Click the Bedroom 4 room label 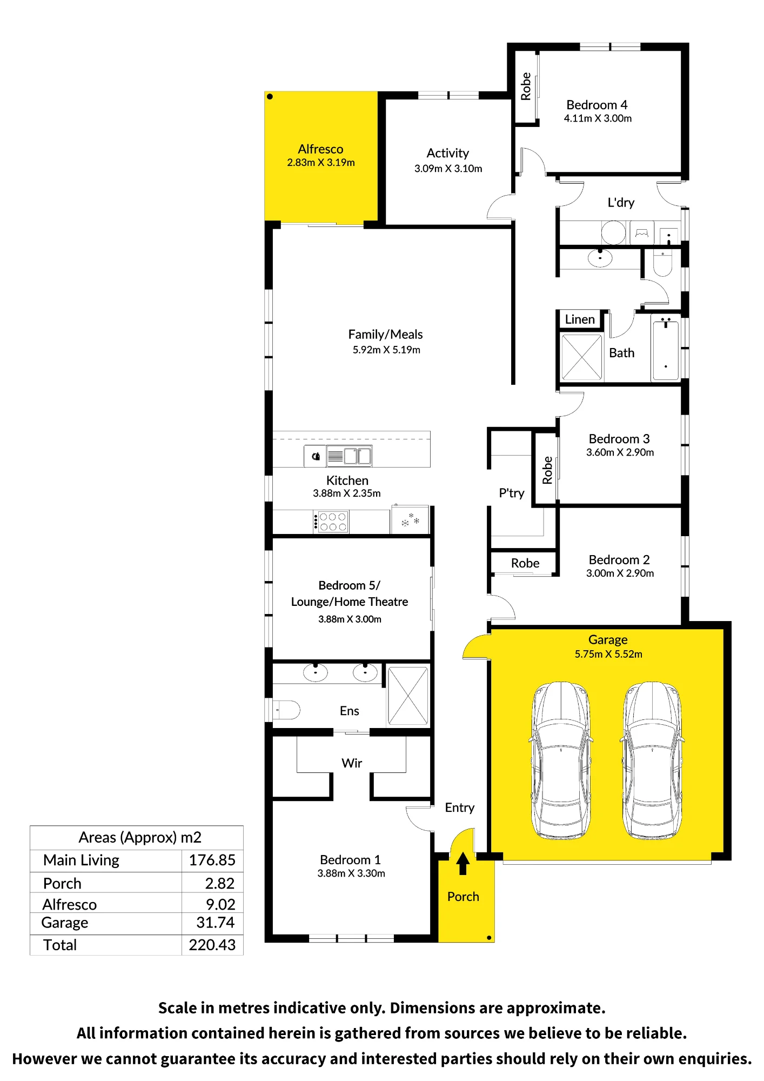(597, 105)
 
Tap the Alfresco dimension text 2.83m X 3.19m (321, 163)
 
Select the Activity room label (448, 154)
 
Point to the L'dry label (621, 203)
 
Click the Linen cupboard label (580, 319)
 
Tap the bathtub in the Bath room (666, 349)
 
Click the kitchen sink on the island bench (349, 456)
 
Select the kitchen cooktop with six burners (331, 522)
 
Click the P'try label (512, 493)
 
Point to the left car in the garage (561, 760)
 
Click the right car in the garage (653, 760)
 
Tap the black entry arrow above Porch (463, 863)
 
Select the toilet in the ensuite (286, 710)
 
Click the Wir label (352, 763)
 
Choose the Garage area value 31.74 (216, 923)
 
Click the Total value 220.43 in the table (212, 945)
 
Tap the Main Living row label (82, 860)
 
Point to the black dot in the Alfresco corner (270, 97)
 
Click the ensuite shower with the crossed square (408, 696)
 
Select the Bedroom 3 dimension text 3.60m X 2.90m (620, 452)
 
